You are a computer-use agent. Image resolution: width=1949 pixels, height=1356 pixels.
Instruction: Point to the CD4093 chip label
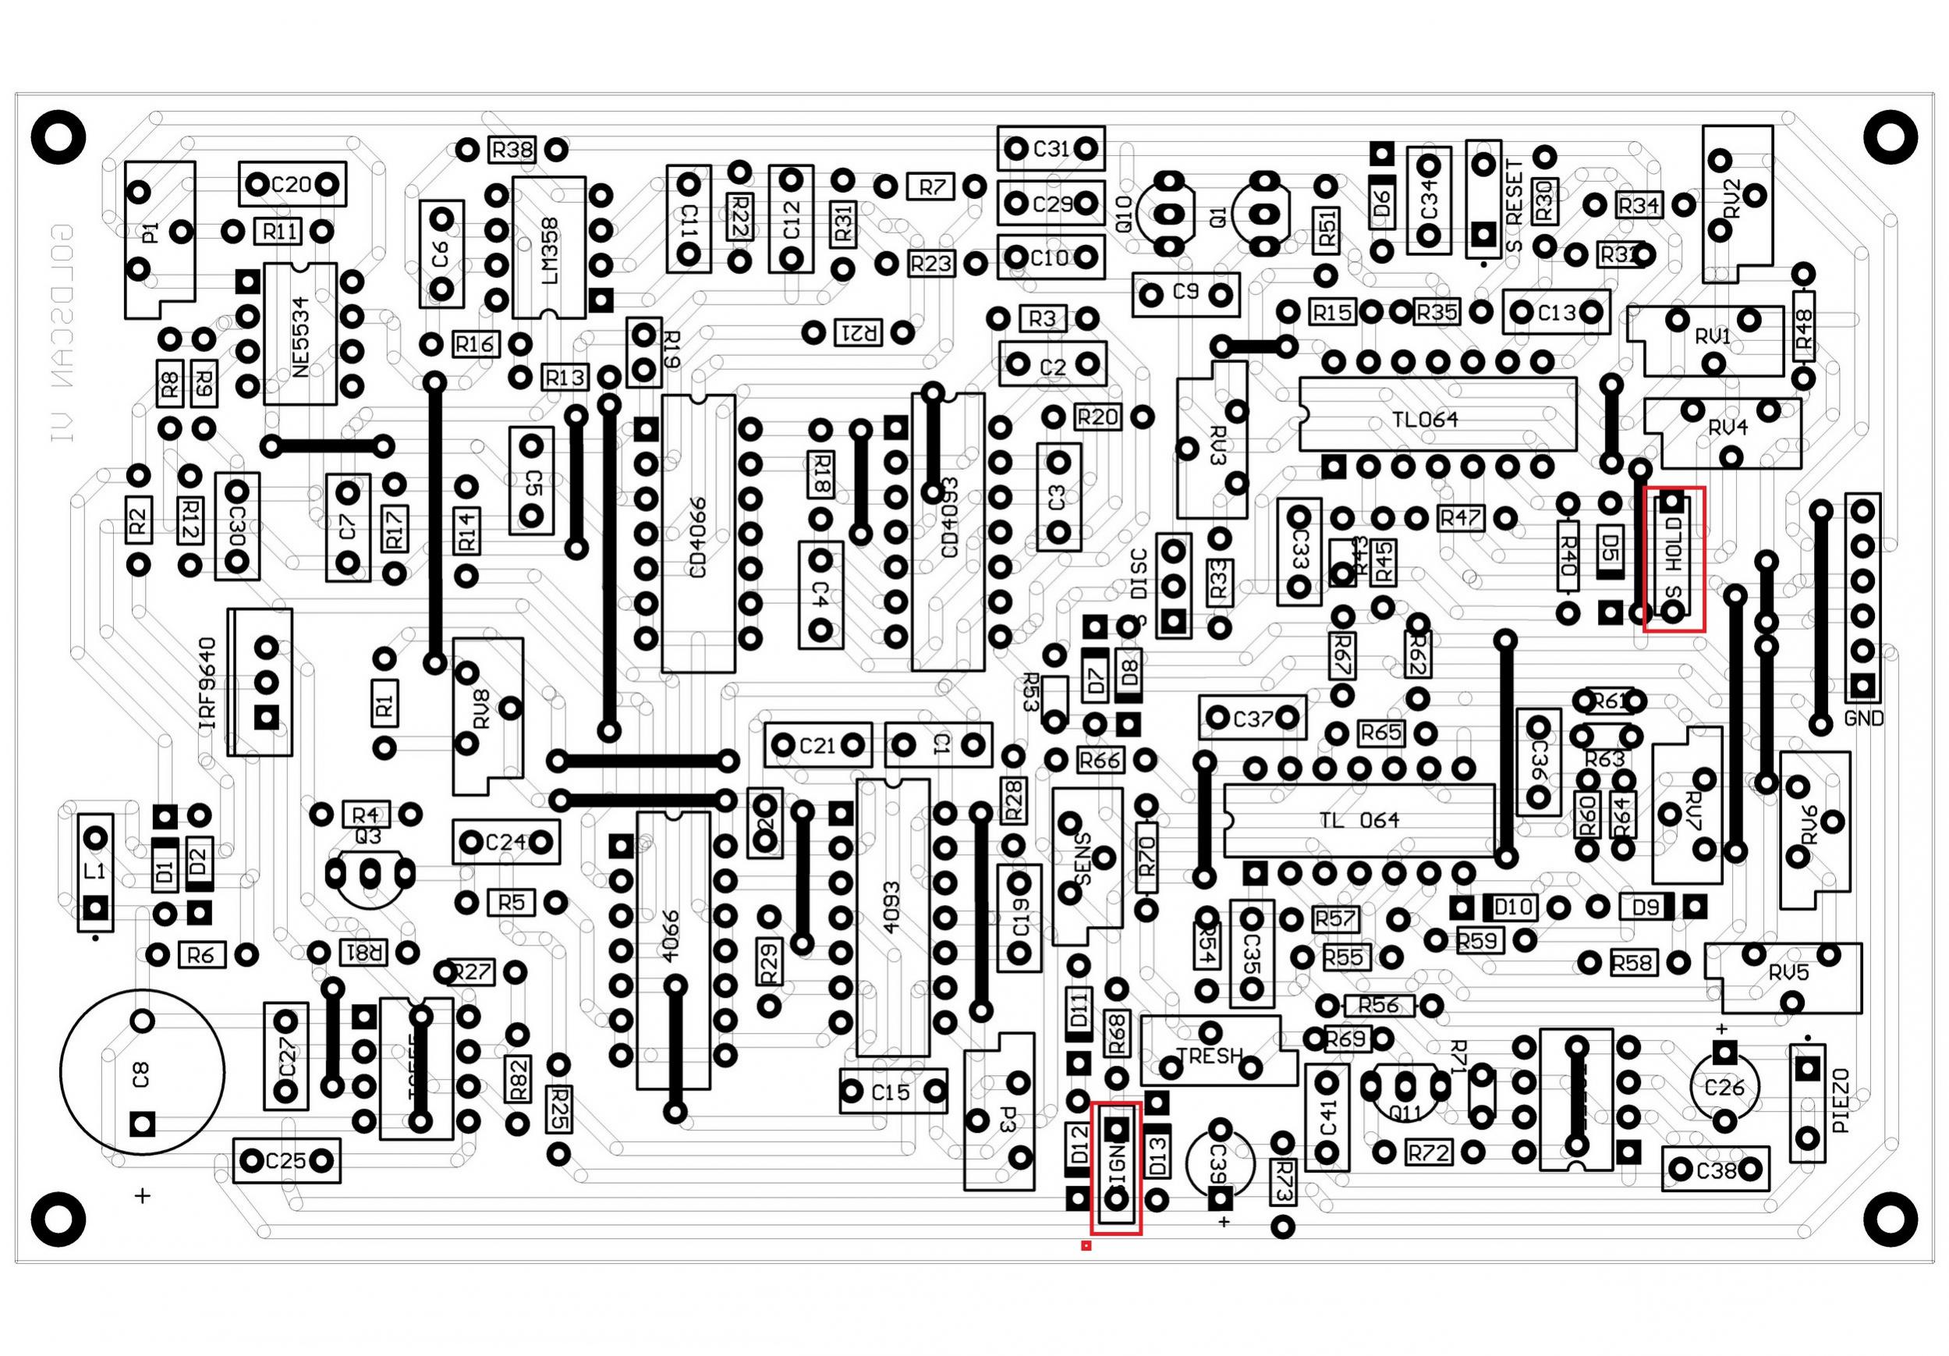tap(950, 518)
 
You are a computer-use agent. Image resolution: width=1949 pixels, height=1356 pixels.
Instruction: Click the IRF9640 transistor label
tap(207, 683)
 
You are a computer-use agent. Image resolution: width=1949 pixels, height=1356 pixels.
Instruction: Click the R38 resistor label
tap(512, 151)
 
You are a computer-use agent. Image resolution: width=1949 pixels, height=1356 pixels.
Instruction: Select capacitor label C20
tap(292, 184)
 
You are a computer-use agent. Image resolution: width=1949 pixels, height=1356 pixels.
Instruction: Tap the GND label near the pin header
tap(1864, 719)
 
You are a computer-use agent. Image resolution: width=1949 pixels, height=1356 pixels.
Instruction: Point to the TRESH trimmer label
tap(1209, 1056)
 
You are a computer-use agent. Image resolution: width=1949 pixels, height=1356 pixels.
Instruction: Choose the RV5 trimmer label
tap(1788, 973)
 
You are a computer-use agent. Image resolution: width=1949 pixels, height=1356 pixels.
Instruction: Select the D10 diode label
tap(1513, 907)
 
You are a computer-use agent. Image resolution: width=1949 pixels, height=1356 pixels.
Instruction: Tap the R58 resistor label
tap(1632, 963)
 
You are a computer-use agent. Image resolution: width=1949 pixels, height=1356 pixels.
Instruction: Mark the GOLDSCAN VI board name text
tap(62, 333)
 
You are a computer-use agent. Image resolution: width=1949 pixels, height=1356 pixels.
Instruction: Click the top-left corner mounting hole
tap(58, 136)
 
